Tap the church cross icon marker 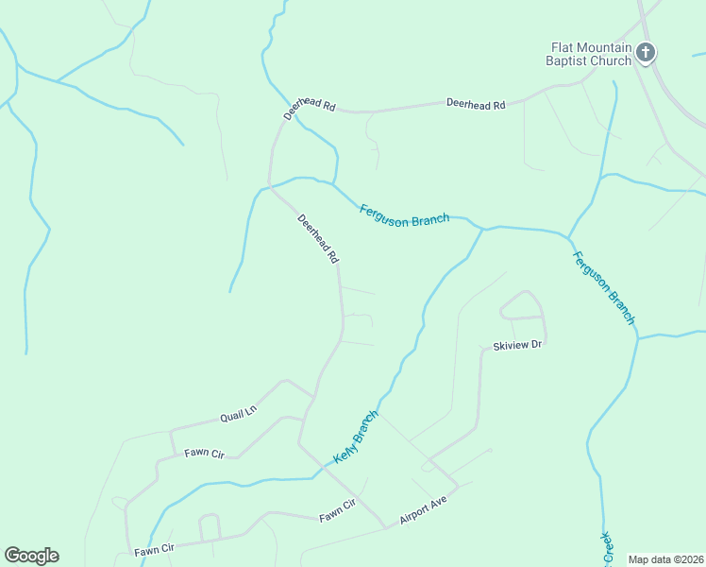coord(646,53)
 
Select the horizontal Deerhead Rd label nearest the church coord(476,104)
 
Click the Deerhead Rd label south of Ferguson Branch coord(318,238)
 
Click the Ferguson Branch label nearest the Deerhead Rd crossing coord(404,215)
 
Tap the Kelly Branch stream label coord(356,437)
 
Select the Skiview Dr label coord(517,346)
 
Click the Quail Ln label coord(238,413)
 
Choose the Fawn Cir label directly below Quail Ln coord(204,455)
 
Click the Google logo coord(31,556)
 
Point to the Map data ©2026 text coord(665,559)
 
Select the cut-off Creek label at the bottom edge coord(607,546)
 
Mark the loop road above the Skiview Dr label coord(522,305)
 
